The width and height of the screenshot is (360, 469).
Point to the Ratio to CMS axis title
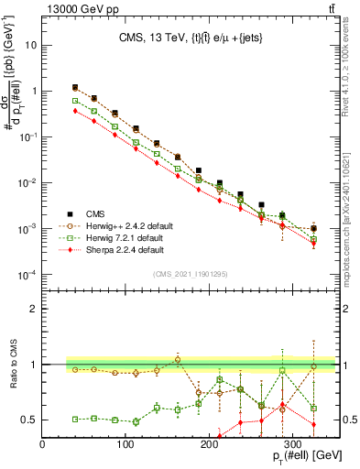click(12, 376)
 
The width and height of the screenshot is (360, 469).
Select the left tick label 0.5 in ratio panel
click(29, 420)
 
